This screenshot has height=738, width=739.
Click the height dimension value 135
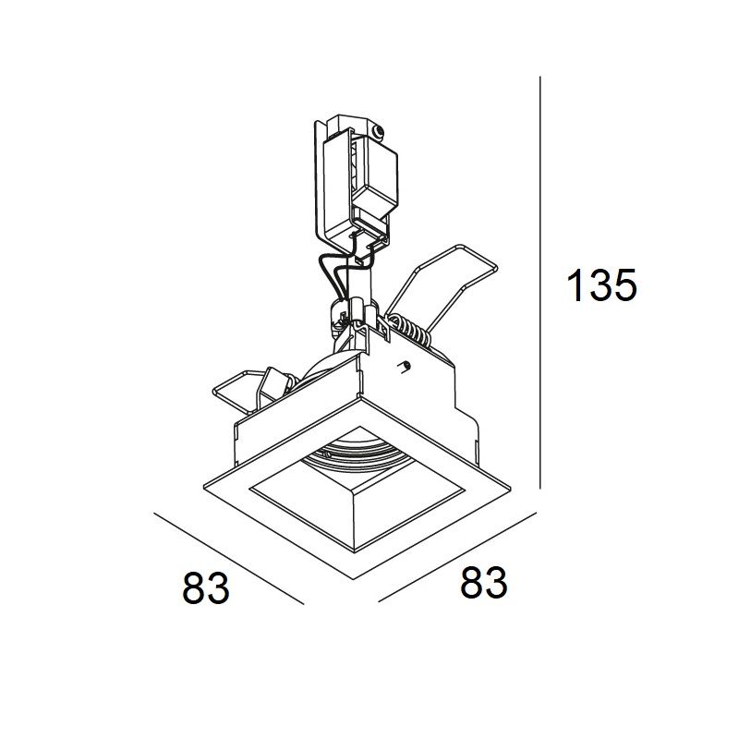click(602, 285)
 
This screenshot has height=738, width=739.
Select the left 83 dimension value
click(206, 587)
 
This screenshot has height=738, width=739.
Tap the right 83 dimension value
click(484, 583)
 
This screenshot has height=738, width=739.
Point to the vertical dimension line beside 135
click(540, 283)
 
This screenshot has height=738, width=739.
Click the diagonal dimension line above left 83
click(228, 559)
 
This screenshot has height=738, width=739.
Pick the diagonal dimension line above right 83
click(457, 557)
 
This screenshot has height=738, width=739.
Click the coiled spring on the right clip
click(409, 328)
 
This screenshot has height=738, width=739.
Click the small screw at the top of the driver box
click(378, 132)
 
